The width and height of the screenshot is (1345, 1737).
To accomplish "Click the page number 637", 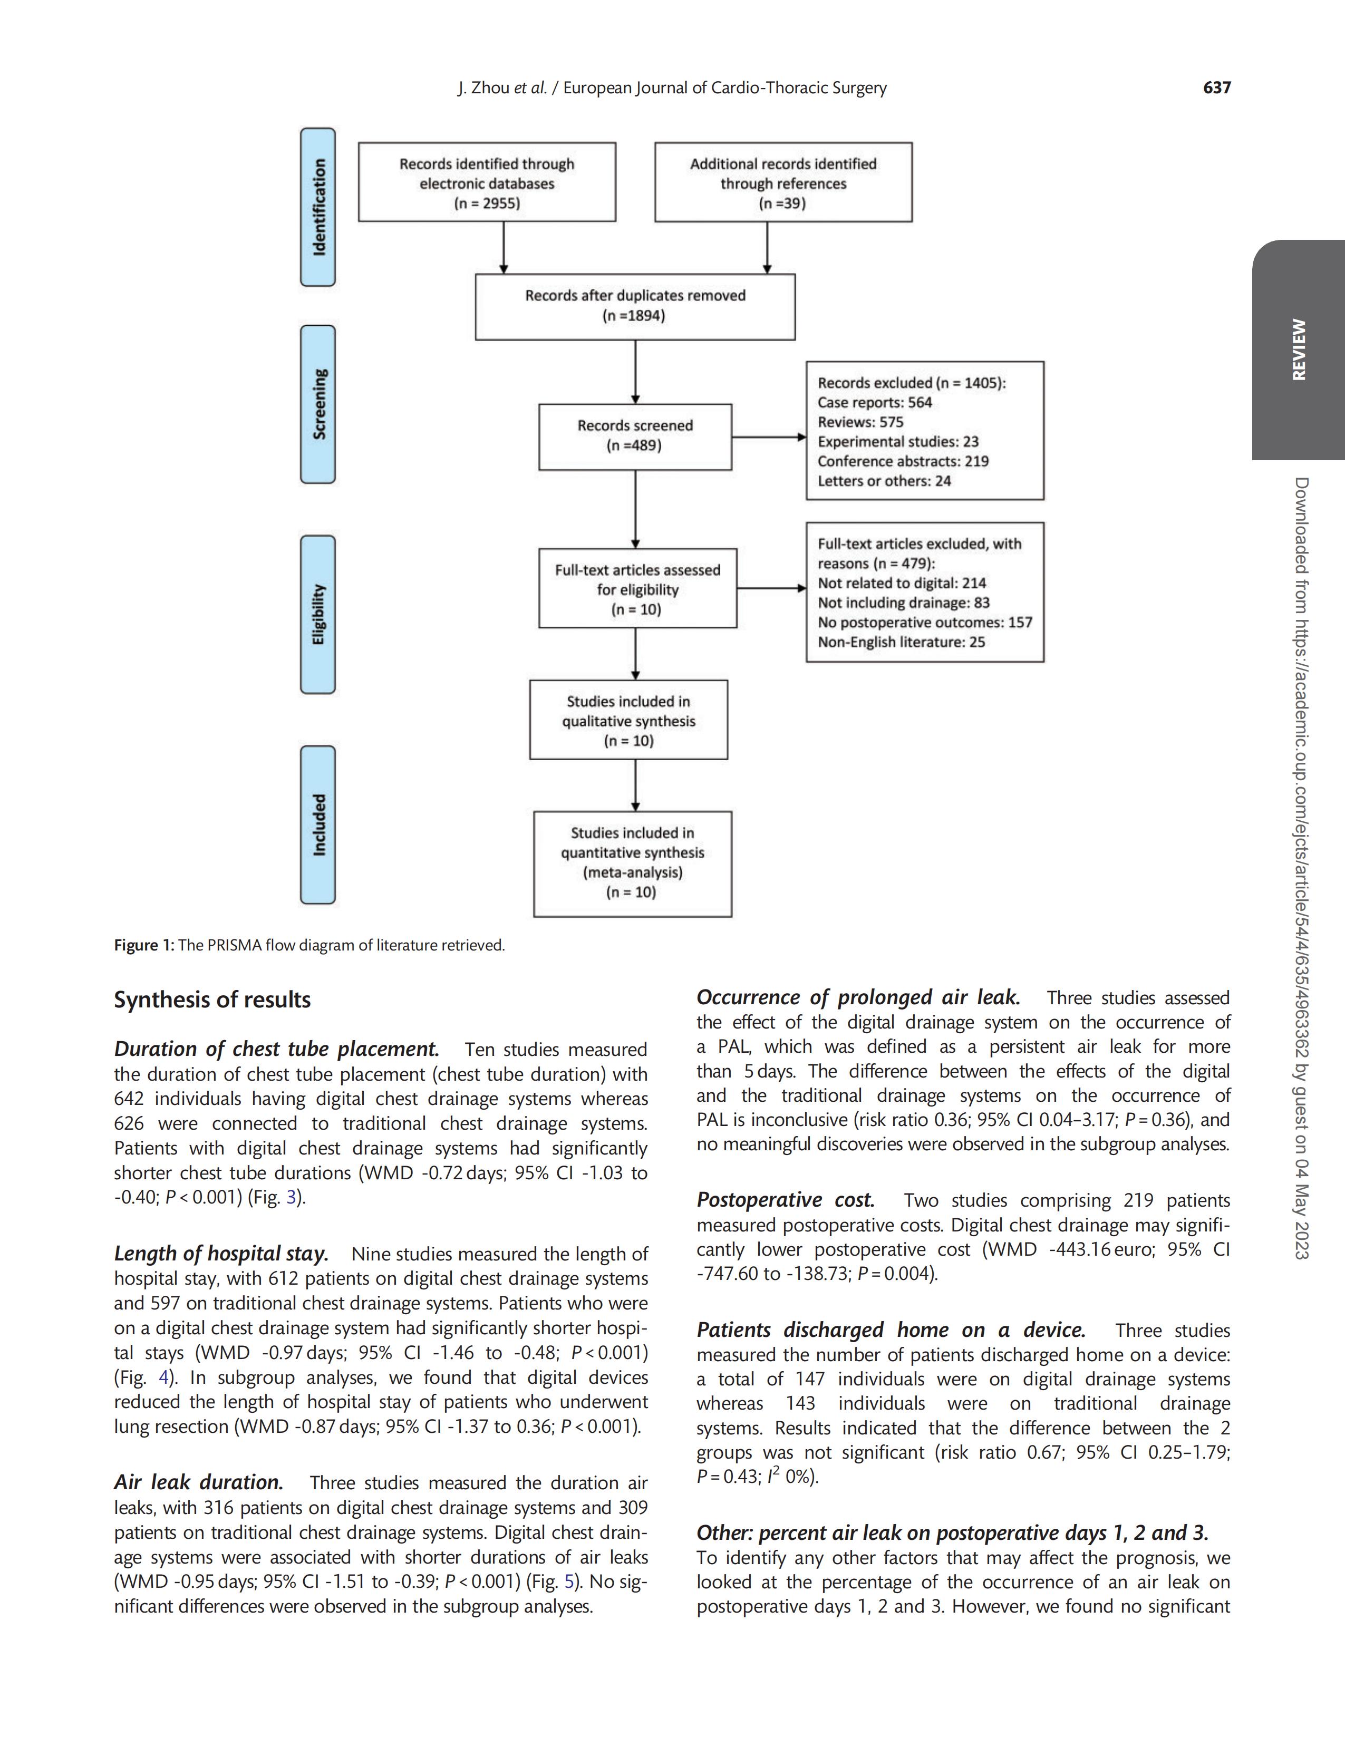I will tap(1216, 88).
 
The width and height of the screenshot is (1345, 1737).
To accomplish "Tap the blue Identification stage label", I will tap(318, 207).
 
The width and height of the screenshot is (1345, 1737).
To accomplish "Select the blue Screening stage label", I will tap(318, 404).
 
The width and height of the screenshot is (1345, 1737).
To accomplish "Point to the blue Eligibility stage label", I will tap(318, 615).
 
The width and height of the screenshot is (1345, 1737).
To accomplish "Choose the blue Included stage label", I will tap(318, 825).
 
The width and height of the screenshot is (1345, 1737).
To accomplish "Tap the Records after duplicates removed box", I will tap(635, 306).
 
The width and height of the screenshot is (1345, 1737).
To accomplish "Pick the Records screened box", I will tap(635, 436).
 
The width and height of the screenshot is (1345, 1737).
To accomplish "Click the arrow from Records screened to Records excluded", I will tap(768, 436).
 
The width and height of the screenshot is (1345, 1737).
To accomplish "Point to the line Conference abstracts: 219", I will tap(903, 461).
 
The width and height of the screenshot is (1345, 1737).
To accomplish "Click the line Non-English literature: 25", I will tap(901, 642).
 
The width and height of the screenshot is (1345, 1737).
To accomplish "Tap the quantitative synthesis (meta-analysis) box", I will tap(632, 863).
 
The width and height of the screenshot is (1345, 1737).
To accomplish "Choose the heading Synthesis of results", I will tap(212, 999).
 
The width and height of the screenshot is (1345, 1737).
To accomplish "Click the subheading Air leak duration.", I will tap(199, 1482).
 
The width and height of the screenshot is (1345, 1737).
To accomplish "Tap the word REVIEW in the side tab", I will tap(1298, 350).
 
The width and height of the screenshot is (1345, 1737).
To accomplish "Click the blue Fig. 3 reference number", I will tap(291, 1197).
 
